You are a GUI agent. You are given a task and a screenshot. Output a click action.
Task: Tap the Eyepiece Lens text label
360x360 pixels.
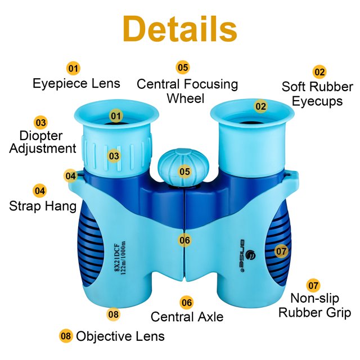(76, 84)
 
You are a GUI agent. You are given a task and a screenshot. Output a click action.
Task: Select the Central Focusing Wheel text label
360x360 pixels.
(187, 91)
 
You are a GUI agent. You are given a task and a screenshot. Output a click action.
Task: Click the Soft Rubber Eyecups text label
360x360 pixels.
(317, 94)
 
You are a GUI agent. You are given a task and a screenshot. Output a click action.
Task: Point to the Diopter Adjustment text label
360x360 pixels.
(42, 142)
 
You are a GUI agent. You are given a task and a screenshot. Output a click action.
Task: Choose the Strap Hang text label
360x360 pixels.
(43, 206)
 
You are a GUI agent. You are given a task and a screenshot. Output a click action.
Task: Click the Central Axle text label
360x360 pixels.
(187, 317)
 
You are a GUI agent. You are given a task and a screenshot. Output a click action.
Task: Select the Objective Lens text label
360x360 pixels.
(120, 336)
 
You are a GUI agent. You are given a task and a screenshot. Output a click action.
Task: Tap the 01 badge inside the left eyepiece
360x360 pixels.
(116, 116)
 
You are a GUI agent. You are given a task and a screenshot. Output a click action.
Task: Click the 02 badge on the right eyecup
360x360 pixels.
(260, 106)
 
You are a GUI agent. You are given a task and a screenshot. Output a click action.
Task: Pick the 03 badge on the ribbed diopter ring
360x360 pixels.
(114, 155)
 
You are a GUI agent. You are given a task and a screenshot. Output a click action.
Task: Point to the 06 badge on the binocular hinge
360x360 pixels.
(184, 240)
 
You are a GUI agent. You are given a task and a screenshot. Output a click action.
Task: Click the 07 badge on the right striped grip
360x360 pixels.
(281, 251)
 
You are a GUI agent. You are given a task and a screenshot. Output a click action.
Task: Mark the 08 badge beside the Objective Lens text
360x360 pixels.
(66, 336)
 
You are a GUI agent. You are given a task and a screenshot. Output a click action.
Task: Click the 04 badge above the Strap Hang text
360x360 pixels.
(39, 191)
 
